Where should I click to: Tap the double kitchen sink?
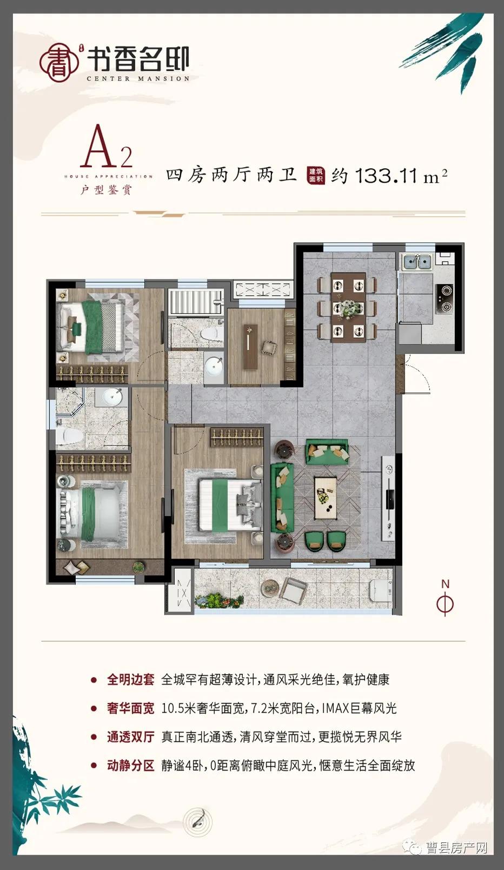click(x=416, y=262)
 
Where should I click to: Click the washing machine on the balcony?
click(x=381, y=591)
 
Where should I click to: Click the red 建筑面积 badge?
click(x=316, y=175)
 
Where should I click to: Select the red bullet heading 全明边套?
click(x=130, y=680)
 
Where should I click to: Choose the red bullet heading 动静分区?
click(x=130, y=766)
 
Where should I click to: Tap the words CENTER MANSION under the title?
click(x=138, y=79)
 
